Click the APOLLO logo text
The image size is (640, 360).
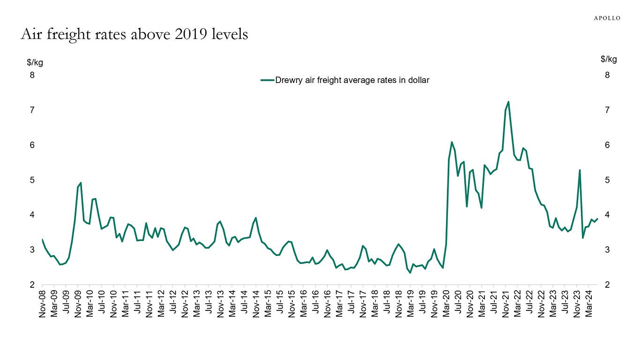(607, 18)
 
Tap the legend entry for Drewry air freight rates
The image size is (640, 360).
(345, 80)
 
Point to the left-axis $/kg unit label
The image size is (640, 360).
(35, 62)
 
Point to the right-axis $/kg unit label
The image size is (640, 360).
(609, 59)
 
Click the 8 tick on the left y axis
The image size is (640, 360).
(32, 75)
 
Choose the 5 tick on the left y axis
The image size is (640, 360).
(32, 180)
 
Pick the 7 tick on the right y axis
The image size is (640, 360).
(607, 110)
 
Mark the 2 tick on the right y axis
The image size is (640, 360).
(607, 285)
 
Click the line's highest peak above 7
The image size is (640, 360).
(508, 102)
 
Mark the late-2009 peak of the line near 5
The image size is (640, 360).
(81, 183)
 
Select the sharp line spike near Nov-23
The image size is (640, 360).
(580, 170)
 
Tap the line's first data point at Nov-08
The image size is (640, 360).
(42, 240)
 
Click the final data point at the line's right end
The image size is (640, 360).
(597, 218)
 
